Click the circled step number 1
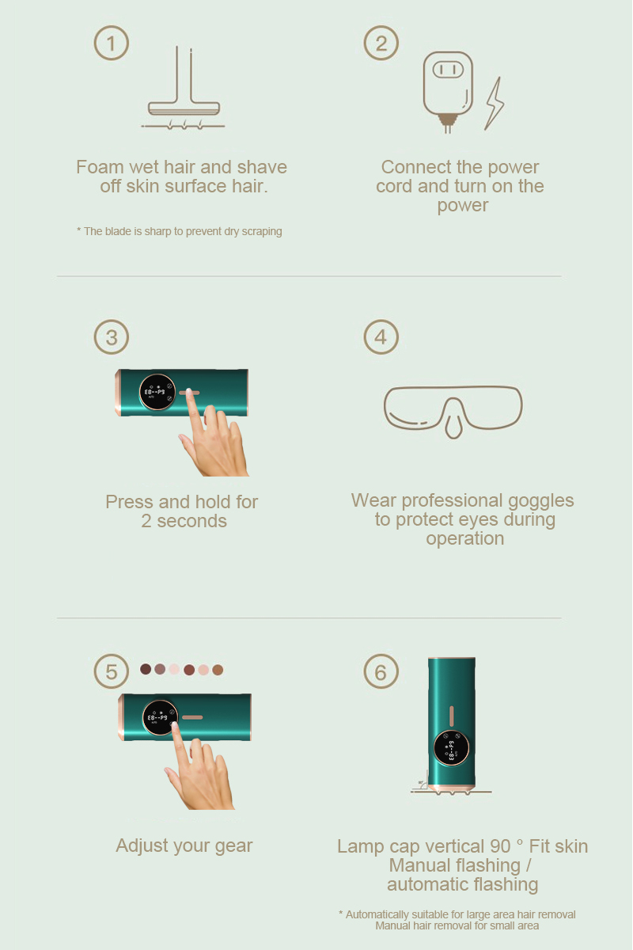111,43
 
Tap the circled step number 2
381,43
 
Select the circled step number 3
111,337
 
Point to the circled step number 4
381,337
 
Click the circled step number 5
111,671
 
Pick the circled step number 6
381,671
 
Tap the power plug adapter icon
448,92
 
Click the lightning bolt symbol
495,104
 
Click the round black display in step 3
157,392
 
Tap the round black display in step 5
161,717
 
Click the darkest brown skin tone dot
146,669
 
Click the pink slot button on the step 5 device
192,717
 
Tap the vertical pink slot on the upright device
451,716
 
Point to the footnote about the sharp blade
180,231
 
